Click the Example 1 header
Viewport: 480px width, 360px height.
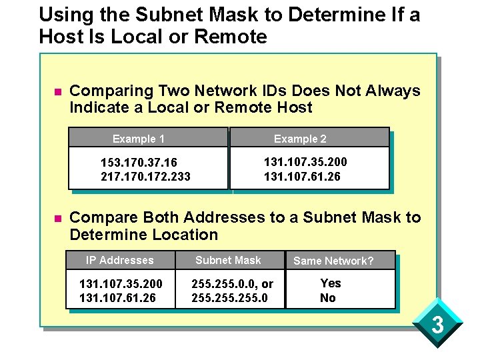tap(139, 139)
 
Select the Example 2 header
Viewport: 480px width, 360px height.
tap(300, 139)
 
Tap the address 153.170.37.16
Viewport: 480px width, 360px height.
tap(139, 163)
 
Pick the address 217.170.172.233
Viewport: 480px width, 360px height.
tap(145, 177)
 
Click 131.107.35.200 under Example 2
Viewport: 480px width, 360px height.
tap(305, 162)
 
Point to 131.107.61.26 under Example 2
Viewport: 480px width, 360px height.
tap(302, 177)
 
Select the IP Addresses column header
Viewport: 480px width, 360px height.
tap(120, 260)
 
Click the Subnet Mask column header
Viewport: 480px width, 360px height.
tap(228, 260)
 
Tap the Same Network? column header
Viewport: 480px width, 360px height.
tap(333, 261)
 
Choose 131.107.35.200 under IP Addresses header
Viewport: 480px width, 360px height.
tap(121, 283)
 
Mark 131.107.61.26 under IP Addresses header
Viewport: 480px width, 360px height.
tap(117, 298)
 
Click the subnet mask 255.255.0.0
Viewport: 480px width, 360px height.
tap(219, 283)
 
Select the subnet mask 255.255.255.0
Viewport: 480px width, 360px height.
tap(229, 298)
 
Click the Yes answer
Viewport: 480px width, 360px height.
tap(331, 283)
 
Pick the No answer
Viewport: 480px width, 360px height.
tap(328, 298)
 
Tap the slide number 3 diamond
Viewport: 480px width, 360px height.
tap(437, 326)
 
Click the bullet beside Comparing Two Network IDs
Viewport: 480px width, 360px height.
tap(57, 91)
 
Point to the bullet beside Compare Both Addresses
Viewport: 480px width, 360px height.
tap(57, 218)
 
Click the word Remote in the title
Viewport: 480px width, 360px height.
tap(231, 37)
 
